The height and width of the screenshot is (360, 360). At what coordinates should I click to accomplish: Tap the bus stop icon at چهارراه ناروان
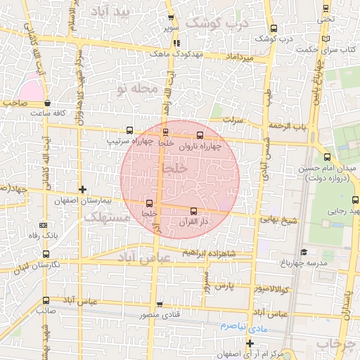tap(200, 134)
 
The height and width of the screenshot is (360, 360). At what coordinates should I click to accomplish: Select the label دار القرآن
tap(194, 222)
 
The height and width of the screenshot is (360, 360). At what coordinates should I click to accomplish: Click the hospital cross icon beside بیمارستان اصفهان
tap(83, 189)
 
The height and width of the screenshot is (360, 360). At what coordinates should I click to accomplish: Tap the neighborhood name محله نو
tap(133, 89)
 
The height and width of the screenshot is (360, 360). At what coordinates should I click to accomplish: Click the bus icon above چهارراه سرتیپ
tap(129, 130)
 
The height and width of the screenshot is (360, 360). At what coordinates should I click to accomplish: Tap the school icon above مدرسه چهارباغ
tap(303, 252)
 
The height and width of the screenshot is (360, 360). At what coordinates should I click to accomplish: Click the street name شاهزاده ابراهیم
tap(221, 253)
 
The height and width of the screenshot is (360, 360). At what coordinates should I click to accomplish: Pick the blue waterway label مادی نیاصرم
tap(230, 327)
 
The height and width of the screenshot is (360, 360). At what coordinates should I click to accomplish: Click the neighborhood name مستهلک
tap(105, 218)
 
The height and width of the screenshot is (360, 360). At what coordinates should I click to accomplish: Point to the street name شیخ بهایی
tap(278, 219)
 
